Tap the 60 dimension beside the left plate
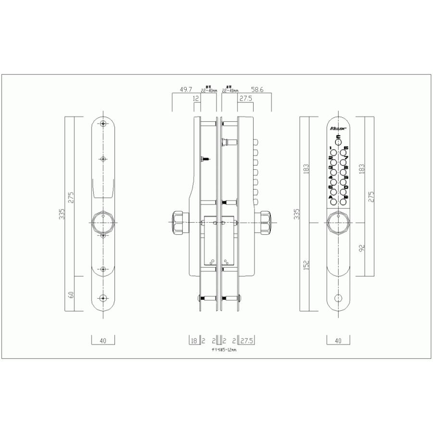pos(71,294)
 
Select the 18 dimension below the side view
pos(194,341)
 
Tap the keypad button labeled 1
pos(332,153)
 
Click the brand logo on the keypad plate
pos(338,128)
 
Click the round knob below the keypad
pos(338,222)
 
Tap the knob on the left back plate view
pos(103,222)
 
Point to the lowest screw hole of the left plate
pos(103,298)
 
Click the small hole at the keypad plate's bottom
pos(338,298)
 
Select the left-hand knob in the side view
pos(178,222)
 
